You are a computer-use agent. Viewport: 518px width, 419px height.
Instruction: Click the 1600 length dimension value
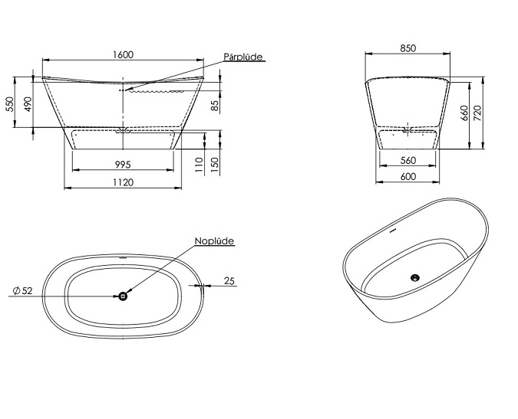[x=123, y=54]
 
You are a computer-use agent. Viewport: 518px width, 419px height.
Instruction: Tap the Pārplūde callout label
[x=243, y=57]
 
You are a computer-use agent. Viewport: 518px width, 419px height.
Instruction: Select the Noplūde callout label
[x=214, y=241]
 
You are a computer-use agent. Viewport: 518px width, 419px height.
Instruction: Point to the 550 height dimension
[x=11, y=104]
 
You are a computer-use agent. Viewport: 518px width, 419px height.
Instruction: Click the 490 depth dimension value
[x=28, y=104]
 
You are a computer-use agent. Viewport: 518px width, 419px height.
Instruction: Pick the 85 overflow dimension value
[x=215, y=106]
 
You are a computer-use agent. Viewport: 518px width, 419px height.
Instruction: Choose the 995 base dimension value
[x=123, y=164]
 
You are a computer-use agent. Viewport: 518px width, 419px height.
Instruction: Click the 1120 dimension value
[x=123, y=182]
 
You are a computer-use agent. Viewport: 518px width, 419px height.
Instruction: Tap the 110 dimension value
[x=199, y=165]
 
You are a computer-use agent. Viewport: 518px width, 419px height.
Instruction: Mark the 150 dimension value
[x=215, y=165]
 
